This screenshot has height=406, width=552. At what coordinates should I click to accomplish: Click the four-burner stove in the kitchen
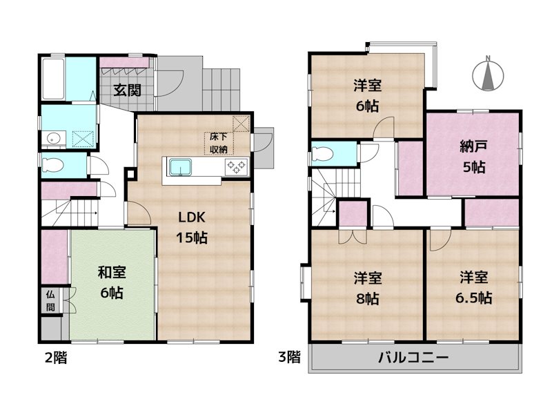235,167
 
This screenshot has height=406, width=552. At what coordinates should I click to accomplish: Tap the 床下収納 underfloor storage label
219,142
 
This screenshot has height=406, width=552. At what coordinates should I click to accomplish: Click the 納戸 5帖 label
473,156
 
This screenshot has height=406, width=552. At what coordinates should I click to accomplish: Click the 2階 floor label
56,358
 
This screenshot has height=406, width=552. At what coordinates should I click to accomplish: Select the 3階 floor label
289,358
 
